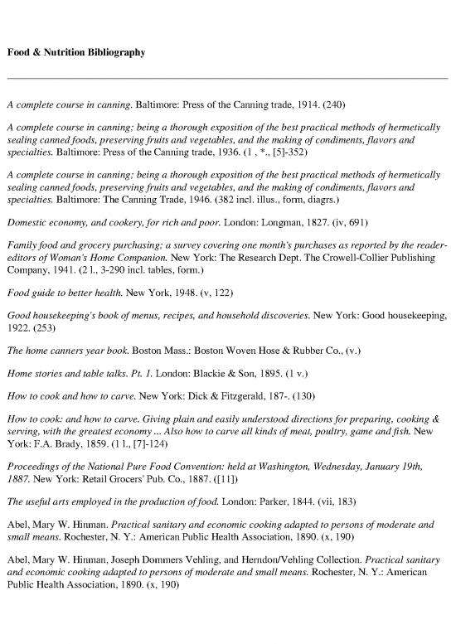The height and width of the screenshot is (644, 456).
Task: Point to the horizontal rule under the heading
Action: (x=228, y=78)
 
